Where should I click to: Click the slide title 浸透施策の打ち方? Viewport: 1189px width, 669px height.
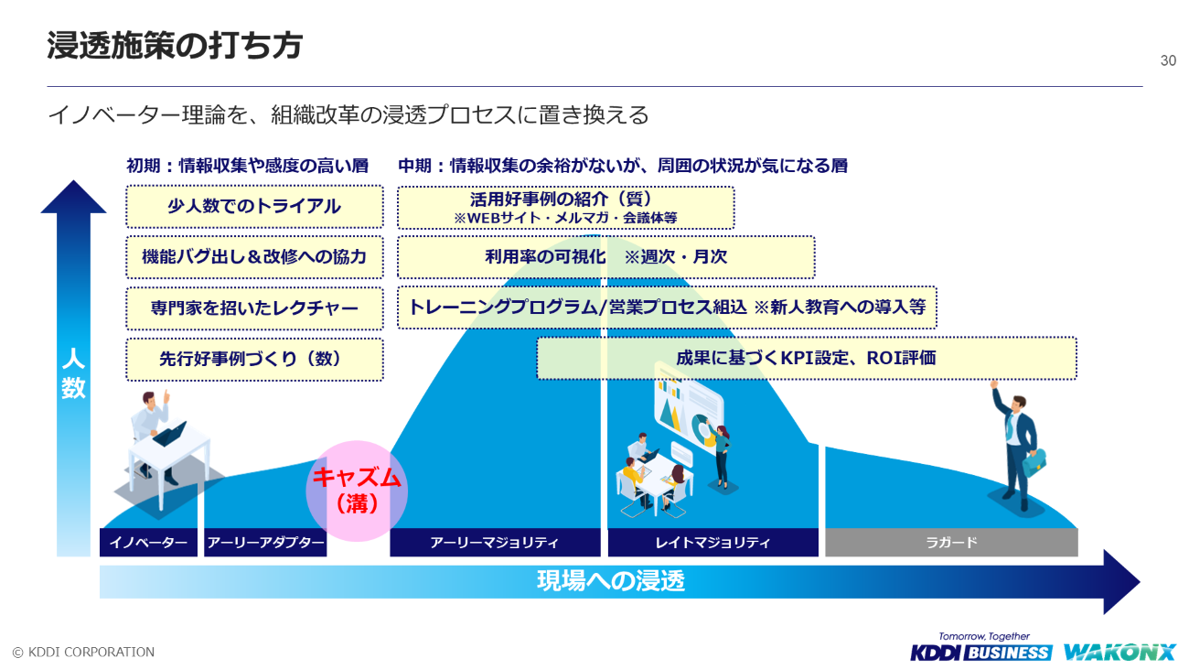[x=175, y=45]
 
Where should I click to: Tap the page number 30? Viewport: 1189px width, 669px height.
[x=1168, y=60]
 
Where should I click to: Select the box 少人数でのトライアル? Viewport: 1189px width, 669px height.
[x=255, y=207]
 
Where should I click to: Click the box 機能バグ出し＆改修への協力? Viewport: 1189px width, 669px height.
[x=255, y=257]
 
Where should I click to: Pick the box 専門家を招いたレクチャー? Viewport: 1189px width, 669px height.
[x=255, y=308]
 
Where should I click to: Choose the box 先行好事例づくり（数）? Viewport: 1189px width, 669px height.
[x=255, y=360]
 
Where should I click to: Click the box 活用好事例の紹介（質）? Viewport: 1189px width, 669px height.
[x=566, y=208]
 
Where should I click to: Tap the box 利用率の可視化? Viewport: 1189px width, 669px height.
[x=606, y=257]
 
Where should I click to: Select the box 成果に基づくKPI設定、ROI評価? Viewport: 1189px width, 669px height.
[x=807, y=359]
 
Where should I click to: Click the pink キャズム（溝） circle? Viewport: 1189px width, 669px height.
[x=357, y=491]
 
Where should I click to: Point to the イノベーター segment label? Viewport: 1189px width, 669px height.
[x=148, y=543]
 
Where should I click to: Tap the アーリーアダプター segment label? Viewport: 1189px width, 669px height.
[x=265, y=543]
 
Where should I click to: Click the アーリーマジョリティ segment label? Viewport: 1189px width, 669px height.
[x=495, y=543]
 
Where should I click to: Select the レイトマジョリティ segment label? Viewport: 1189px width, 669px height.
[x=712, y=543]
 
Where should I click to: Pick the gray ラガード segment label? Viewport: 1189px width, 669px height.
[x=951, y=543]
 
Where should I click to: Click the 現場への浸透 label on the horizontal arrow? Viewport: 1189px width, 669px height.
[x=611, y=581]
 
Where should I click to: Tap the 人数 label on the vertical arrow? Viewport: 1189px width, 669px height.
[x=73, y=373]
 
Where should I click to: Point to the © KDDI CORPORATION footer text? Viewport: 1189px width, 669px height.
[x=83, y=652]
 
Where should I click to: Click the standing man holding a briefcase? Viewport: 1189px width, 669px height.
[x=1017, y=448]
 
